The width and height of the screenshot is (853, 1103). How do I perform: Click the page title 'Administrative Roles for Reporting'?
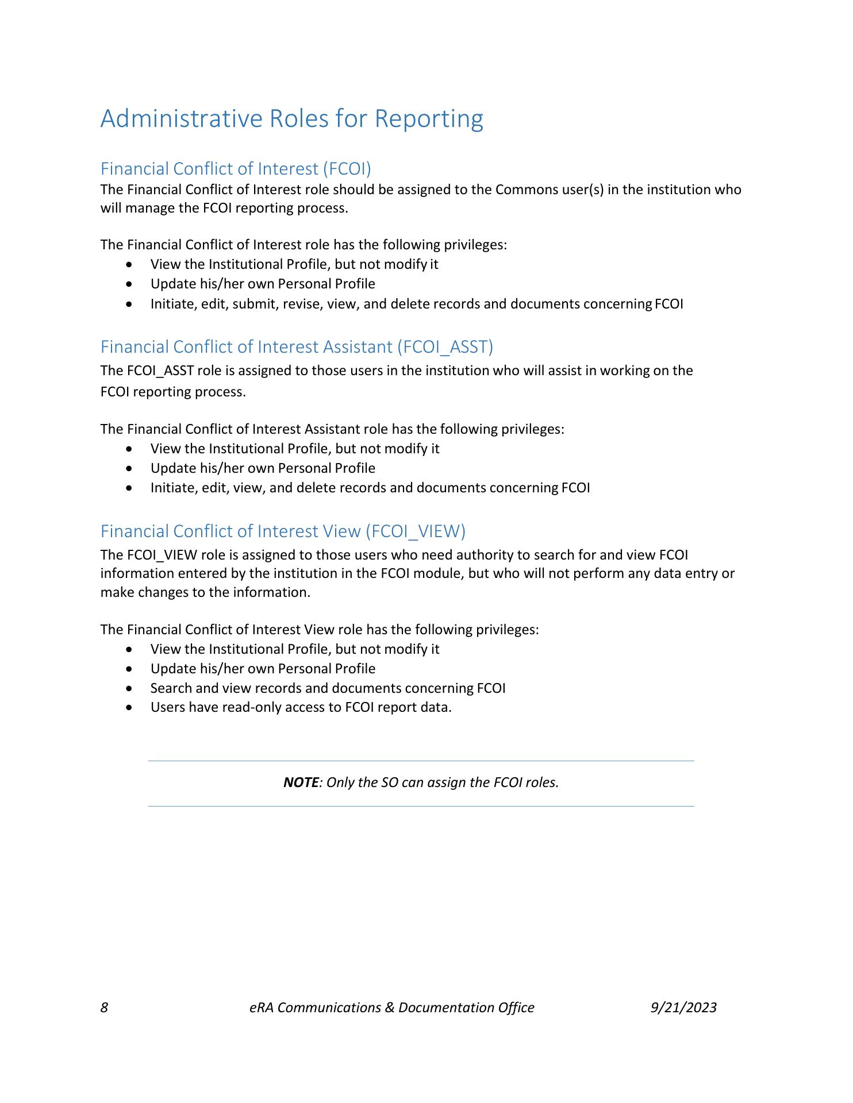click(x=291, y=118)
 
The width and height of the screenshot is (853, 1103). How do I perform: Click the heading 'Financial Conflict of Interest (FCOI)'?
click(x=236, y=168)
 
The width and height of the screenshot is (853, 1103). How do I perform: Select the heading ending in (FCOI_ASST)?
click(x=297, y=346)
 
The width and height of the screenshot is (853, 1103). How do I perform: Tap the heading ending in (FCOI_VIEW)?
click(x=283, y=531)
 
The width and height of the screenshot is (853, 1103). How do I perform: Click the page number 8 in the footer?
click(x=104, y=1007)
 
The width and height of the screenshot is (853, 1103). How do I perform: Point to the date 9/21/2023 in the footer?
click(x=683, y=1007)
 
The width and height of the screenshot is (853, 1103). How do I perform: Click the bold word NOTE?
click(x=301, y=782)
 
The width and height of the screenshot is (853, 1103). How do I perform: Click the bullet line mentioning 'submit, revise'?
click(x=416, y=303)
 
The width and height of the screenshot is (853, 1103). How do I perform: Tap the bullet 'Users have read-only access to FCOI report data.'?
click(x=301, y=707)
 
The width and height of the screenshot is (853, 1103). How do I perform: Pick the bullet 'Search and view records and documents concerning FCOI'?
click(x=328, y=688)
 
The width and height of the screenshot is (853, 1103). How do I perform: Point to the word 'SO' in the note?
click(x=390, y=782)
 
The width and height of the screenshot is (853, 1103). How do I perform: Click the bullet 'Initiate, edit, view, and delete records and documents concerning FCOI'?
click(x=370, y=488)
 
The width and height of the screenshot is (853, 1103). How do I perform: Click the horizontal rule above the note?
click(x=421, y=761)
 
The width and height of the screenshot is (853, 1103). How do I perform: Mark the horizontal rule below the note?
click(x=421, y=806)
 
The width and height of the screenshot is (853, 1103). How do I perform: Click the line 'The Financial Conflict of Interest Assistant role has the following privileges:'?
click(x=332, y=429)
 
